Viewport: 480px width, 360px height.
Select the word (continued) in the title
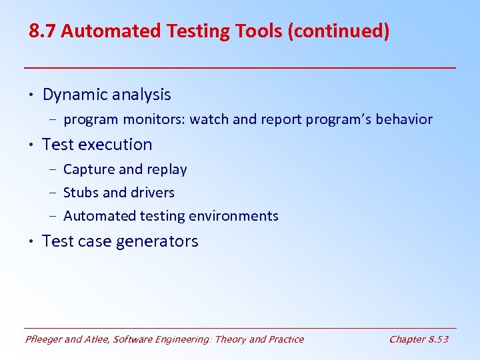pyautogui.click(x=339, y=31)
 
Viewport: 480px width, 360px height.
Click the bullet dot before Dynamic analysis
pyautogui.click(x=32, y=95)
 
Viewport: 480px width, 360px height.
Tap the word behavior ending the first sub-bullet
pyautogui.click(x=405, y=120)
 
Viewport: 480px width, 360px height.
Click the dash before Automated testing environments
pyautogui.click(x=53, y=216)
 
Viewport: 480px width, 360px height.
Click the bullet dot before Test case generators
pyautogui.click(x=32, y=241)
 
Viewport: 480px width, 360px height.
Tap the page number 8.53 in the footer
pyautogui.click(x=437, y=339)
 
